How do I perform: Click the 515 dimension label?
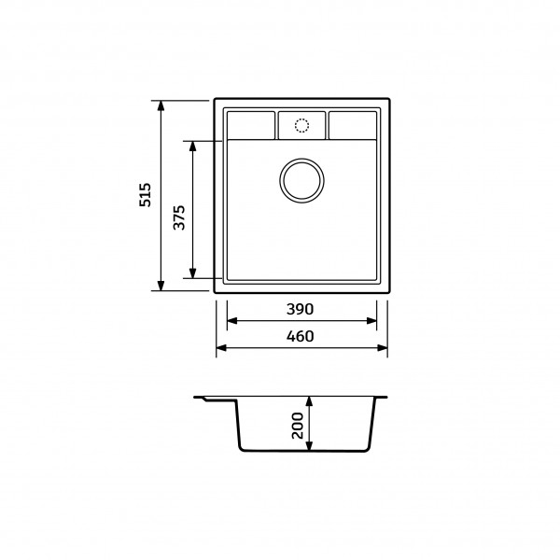pyautogui.click(x=146, y=195)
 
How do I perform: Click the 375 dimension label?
pyautogui.click(x=179, y=217)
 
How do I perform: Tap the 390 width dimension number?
pyautogui.click(x=300, y=309)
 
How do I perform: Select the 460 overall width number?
pyautogui.click(x=300, y=336)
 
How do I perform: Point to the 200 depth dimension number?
pyautogui.click(x=298, y=426)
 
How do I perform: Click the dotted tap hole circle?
pyautogui.click(x=301, y=126)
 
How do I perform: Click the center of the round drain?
pyautogui.click(x=301, y=180)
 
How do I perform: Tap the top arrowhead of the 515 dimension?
pyautogui.click(x=161, y=105)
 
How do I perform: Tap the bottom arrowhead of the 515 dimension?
pyautogui.click(x=161, y=286)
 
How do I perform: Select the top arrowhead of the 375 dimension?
pyautogui.click(x=193, y=147)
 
